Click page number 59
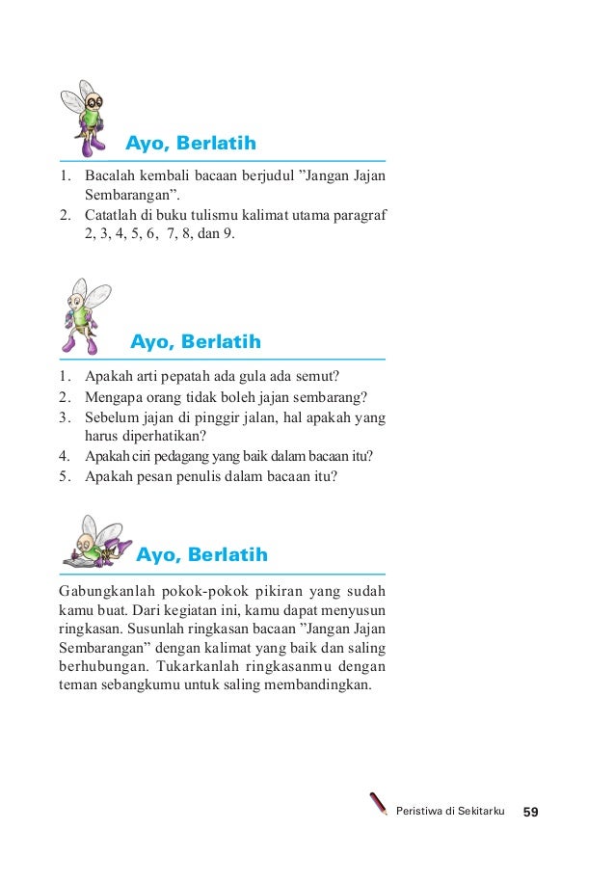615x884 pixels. coord(530,813)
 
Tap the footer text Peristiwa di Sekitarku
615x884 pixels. coord(450,813)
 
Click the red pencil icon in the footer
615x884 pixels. coord(379,805)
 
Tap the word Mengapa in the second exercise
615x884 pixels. coord(113,397)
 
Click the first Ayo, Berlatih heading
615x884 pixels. coord(191,145)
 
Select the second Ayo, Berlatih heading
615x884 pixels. coord(196,342)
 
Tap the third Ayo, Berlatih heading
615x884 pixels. coord(201,555)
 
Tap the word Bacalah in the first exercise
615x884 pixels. coord(109,176)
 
